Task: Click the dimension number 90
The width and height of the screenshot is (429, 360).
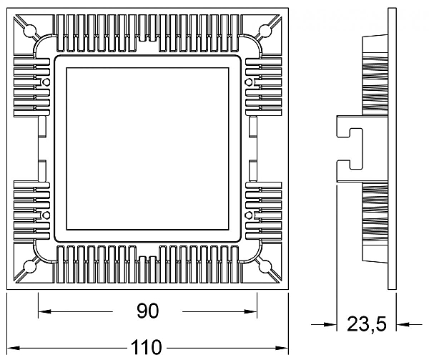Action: tap(147, 311)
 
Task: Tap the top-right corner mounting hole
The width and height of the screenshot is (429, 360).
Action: tap(265, 31)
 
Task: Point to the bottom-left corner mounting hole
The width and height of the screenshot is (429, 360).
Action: tap(30, 267)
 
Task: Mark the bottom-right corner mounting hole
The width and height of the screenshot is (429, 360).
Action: tap(265, 267)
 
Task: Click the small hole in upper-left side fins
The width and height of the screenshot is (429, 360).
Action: tap(46, 83)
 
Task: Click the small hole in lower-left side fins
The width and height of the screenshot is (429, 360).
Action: tap(46, 214)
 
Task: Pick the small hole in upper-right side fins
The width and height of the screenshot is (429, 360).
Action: tap(248, 83)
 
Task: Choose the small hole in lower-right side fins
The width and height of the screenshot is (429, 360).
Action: tap(248, 214)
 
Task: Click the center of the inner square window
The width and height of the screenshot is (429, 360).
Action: tap(147, 149)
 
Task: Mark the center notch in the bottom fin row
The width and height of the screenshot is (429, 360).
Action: tap(147, 261)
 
